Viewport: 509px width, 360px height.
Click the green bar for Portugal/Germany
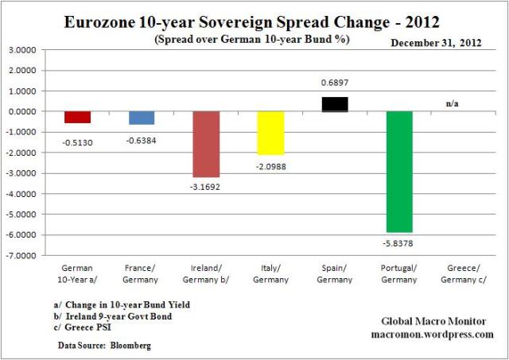click(399, 171)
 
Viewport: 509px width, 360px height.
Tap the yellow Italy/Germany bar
click(270, 133)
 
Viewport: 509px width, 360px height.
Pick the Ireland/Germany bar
click(206, 144)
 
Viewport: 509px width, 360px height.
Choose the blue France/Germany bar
click(142, 118)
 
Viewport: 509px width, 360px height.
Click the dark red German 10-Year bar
click(77, 117)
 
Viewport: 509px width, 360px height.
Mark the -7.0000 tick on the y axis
click(26, 256)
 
